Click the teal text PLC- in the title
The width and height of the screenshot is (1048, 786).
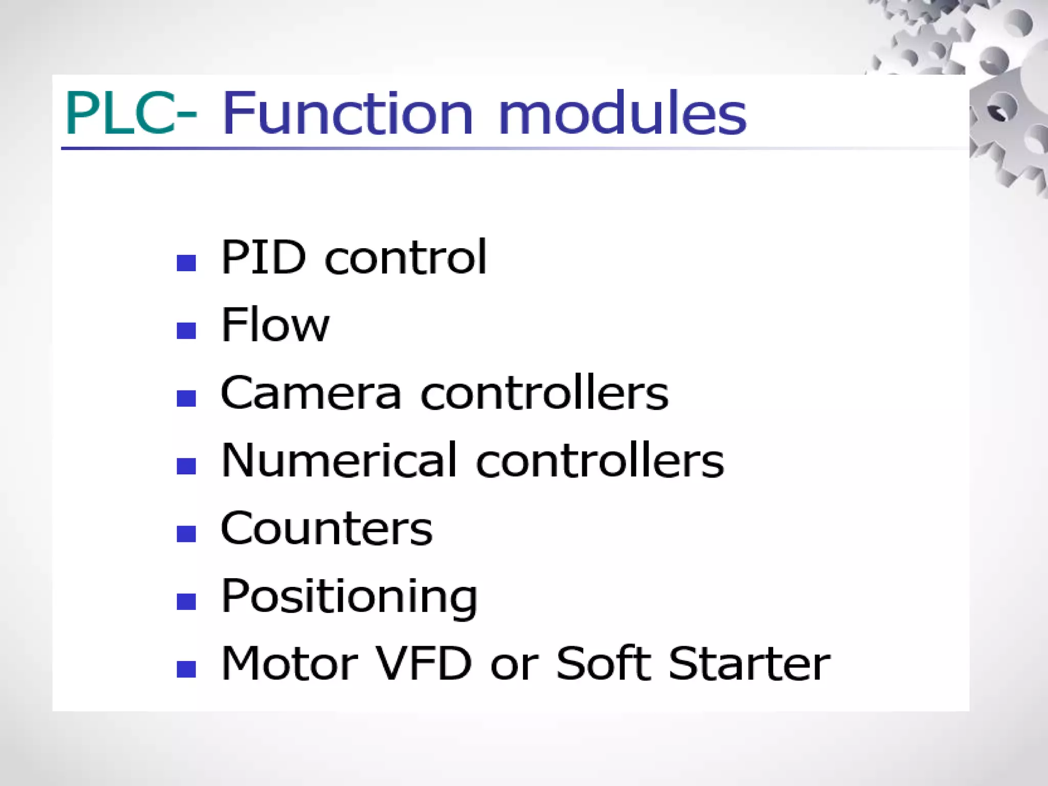[130, 114]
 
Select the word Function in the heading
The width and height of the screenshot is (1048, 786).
[348, 114]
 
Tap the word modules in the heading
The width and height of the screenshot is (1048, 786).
[622, 114]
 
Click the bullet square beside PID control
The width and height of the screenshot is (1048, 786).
[186, 263]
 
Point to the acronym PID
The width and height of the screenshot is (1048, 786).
[264, 257]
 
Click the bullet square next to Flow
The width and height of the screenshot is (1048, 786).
[186, 331]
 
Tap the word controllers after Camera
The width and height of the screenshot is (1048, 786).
[544, 393]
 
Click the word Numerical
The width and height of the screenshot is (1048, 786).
[338, 461]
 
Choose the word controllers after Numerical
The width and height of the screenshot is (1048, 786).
[600, 461]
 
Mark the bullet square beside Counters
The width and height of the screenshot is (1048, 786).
[186, 534]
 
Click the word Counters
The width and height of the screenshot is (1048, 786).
[326, 529]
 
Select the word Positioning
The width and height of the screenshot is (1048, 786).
[349, 597]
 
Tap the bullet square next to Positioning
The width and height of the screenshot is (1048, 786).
[186, 601]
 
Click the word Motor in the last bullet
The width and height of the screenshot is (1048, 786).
[289, 664]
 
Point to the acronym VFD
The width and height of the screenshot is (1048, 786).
[424, 664]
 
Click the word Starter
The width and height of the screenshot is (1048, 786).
[749, 664]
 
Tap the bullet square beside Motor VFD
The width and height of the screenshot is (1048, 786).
[186, 669]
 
